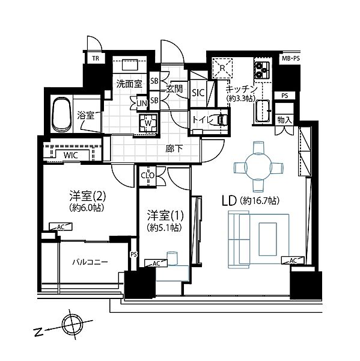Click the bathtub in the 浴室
point(61,114)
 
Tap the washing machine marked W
point(148,123)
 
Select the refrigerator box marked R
point(222,68)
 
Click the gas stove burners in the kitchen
point(262,70)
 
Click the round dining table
point(258,167)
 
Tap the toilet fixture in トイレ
point(222,120)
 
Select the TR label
point(96,58)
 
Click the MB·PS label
point(291,58)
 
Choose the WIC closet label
point(71,155)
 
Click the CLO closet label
point(147,176)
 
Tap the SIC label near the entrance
point(198,93)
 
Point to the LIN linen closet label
point(142,103)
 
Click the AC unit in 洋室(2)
point(61,227)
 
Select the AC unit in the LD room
point(293,261)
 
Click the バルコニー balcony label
point(90,262)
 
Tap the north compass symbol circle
point(72,325)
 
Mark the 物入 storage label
point(284,120)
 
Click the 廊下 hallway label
point(174,149)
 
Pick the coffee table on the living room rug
point(268,239)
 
